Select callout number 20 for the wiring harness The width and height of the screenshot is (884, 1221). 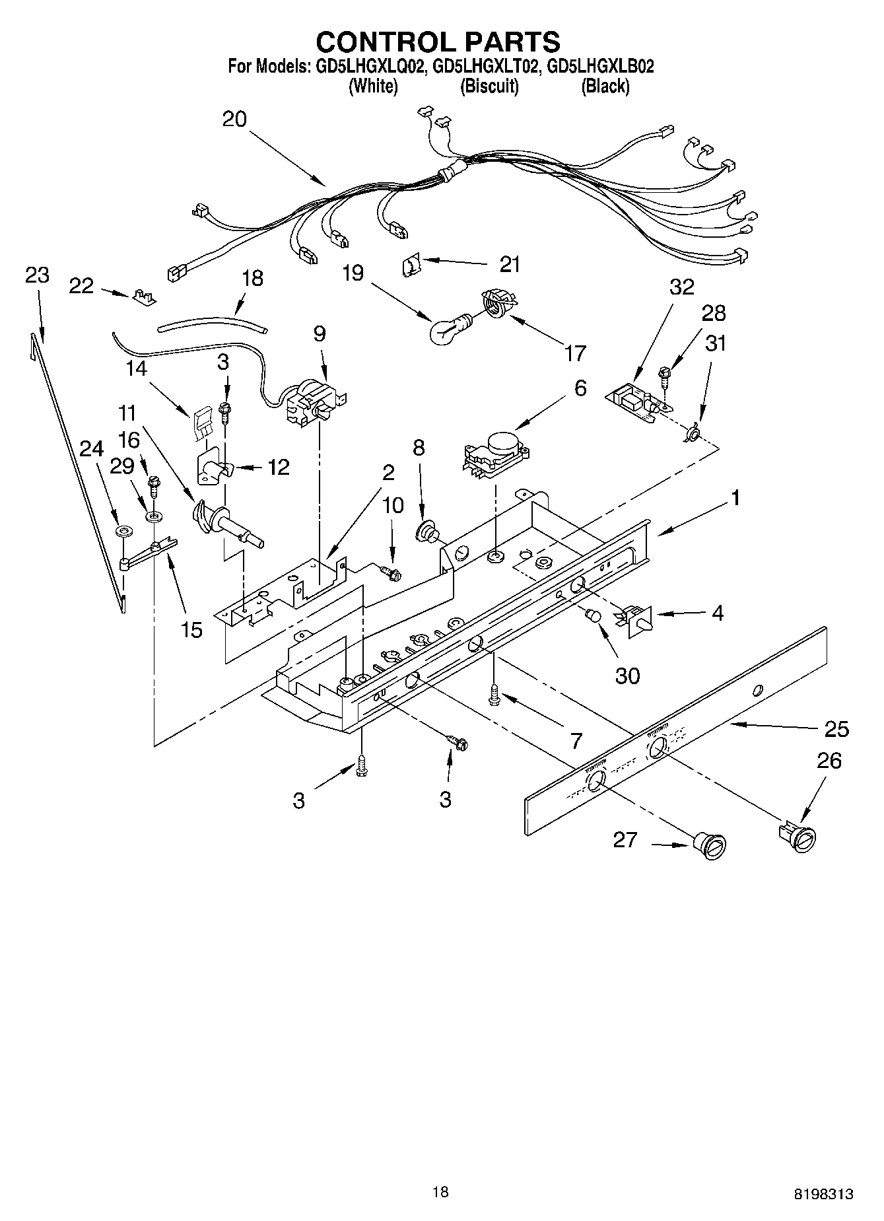coord(234,119)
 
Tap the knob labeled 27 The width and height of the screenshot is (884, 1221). coord(710,846)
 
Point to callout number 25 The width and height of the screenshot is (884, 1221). coord(836,729)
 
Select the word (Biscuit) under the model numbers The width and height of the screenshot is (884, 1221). coord(489,86)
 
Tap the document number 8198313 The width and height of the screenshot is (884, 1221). coord(823,1193)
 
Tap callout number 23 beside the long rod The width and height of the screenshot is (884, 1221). coord(37,275)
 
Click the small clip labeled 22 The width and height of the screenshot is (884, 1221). coord(144,297)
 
